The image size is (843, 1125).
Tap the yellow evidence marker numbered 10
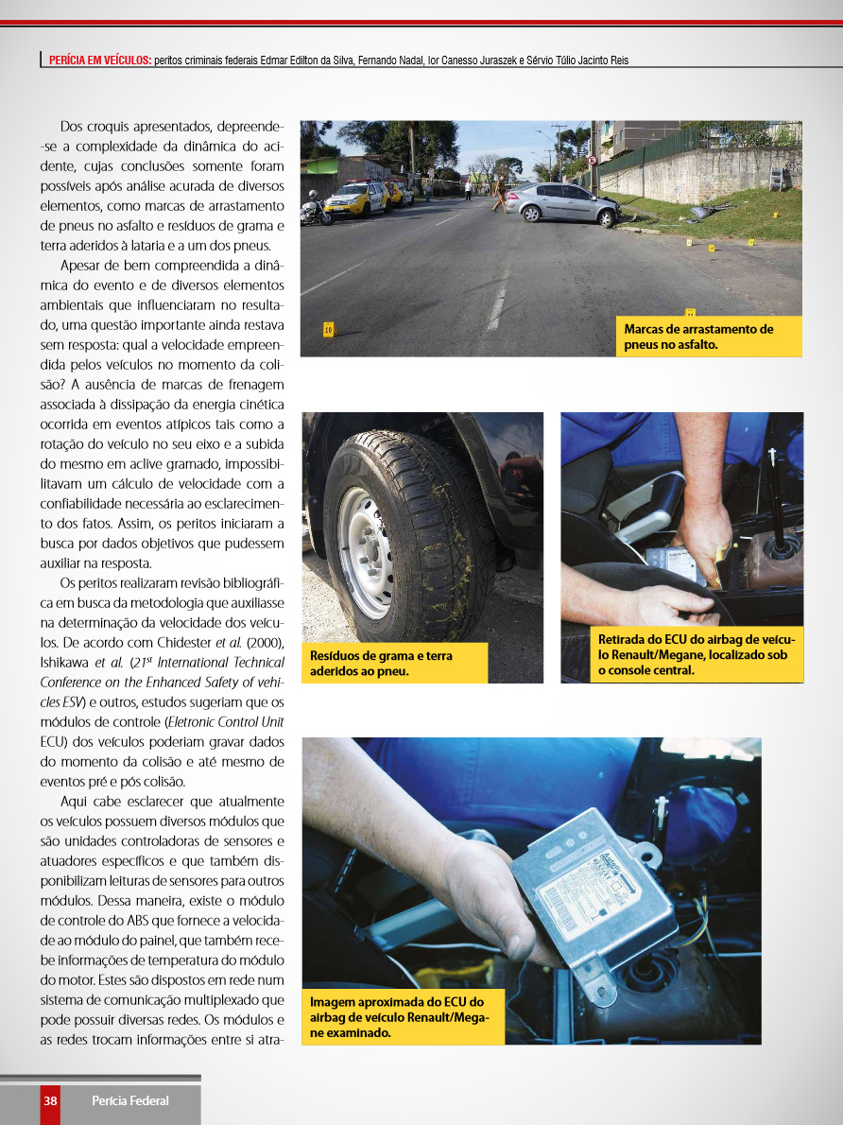point(328,330)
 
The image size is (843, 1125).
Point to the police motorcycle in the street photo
point(315,210)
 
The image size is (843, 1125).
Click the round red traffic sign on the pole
point(592,160)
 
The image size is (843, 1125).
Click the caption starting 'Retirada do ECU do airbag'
point(696,655)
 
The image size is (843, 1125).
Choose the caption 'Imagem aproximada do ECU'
point(403,1016)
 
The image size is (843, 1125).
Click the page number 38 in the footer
point(50,1100)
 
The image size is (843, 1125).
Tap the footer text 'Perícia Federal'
point(130,1100)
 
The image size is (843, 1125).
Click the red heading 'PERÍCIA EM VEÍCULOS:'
point(100,61)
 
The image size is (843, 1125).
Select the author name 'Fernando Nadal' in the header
point(388,61)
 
